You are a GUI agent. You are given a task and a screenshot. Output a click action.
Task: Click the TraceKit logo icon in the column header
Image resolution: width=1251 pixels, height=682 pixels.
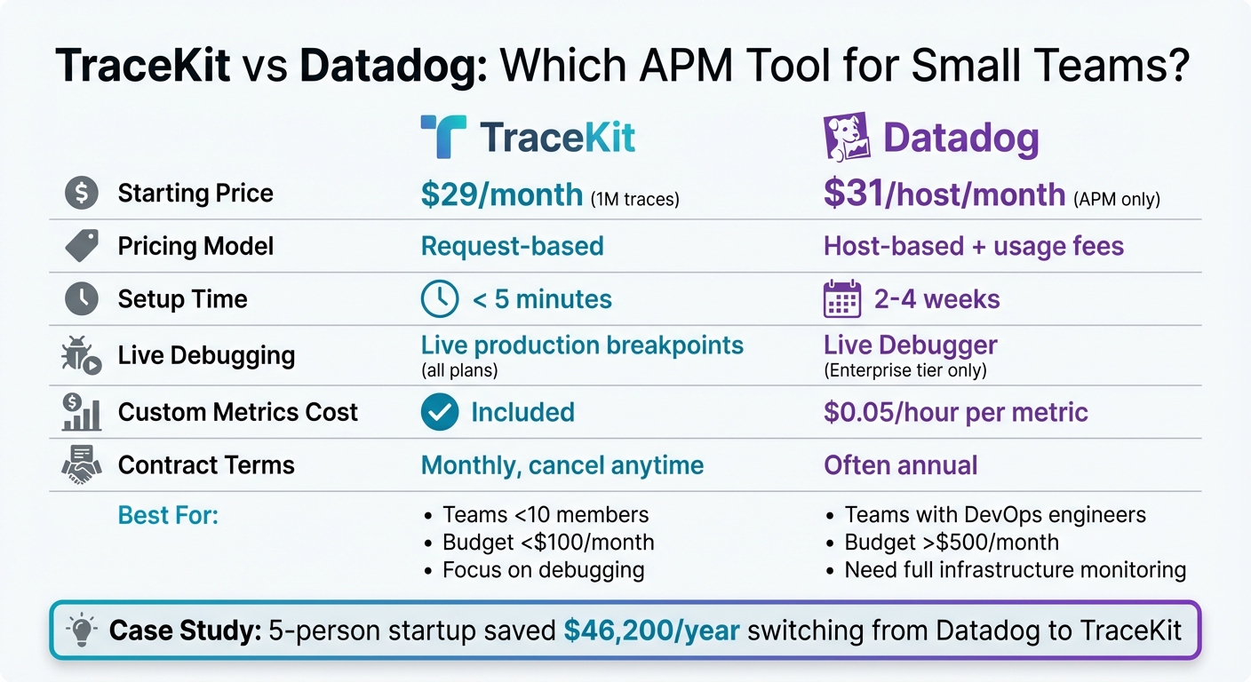(442, 138)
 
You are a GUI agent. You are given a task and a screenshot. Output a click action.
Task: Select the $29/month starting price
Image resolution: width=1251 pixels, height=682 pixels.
(501, 194)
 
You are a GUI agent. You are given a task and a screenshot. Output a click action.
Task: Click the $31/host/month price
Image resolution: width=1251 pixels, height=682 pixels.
(944, 194)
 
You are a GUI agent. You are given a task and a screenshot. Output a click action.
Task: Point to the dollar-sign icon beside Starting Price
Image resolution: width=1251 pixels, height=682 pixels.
(82, 194)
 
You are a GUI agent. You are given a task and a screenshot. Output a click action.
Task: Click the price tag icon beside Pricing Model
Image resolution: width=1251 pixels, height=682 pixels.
(82, 246)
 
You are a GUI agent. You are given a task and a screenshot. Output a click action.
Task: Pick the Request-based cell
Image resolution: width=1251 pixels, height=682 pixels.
(512, 246)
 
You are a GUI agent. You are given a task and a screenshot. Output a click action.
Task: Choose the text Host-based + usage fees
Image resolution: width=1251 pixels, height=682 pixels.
(974, 246)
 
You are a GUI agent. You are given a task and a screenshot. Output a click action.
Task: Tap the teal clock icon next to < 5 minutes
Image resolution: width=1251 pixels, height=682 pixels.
(439, 299)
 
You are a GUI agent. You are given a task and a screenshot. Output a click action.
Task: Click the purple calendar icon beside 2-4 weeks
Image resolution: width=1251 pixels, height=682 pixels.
(842, 300)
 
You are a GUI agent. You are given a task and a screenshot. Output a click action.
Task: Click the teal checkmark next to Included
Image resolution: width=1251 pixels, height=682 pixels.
(440, 412)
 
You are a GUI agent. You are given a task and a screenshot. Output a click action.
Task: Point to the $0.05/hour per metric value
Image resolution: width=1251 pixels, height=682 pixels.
(955, 412)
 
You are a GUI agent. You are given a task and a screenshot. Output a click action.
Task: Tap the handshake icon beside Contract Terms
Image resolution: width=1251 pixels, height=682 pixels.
(82, 465)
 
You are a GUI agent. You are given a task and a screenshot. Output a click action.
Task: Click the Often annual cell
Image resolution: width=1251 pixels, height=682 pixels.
(900, 465)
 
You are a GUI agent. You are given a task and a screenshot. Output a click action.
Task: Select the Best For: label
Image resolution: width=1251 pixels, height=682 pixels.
(168, 515)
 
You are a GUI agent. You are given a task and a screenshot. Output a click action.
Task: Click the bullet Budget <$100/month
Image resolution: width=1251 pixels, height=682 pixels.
(548, 542)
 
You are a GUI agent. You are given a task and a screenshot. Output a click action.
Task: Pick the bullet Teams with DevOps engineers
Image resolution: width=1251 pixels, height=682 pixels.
(995, 515)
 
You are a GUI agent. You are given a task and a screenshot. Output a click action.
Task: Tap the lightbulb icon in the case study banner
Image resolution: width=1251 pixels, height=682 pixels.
(83, 630)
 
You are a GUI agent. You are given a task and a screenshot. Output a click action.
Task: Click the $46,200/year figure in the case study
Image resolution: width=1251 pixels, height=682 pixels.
(651, 630)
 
